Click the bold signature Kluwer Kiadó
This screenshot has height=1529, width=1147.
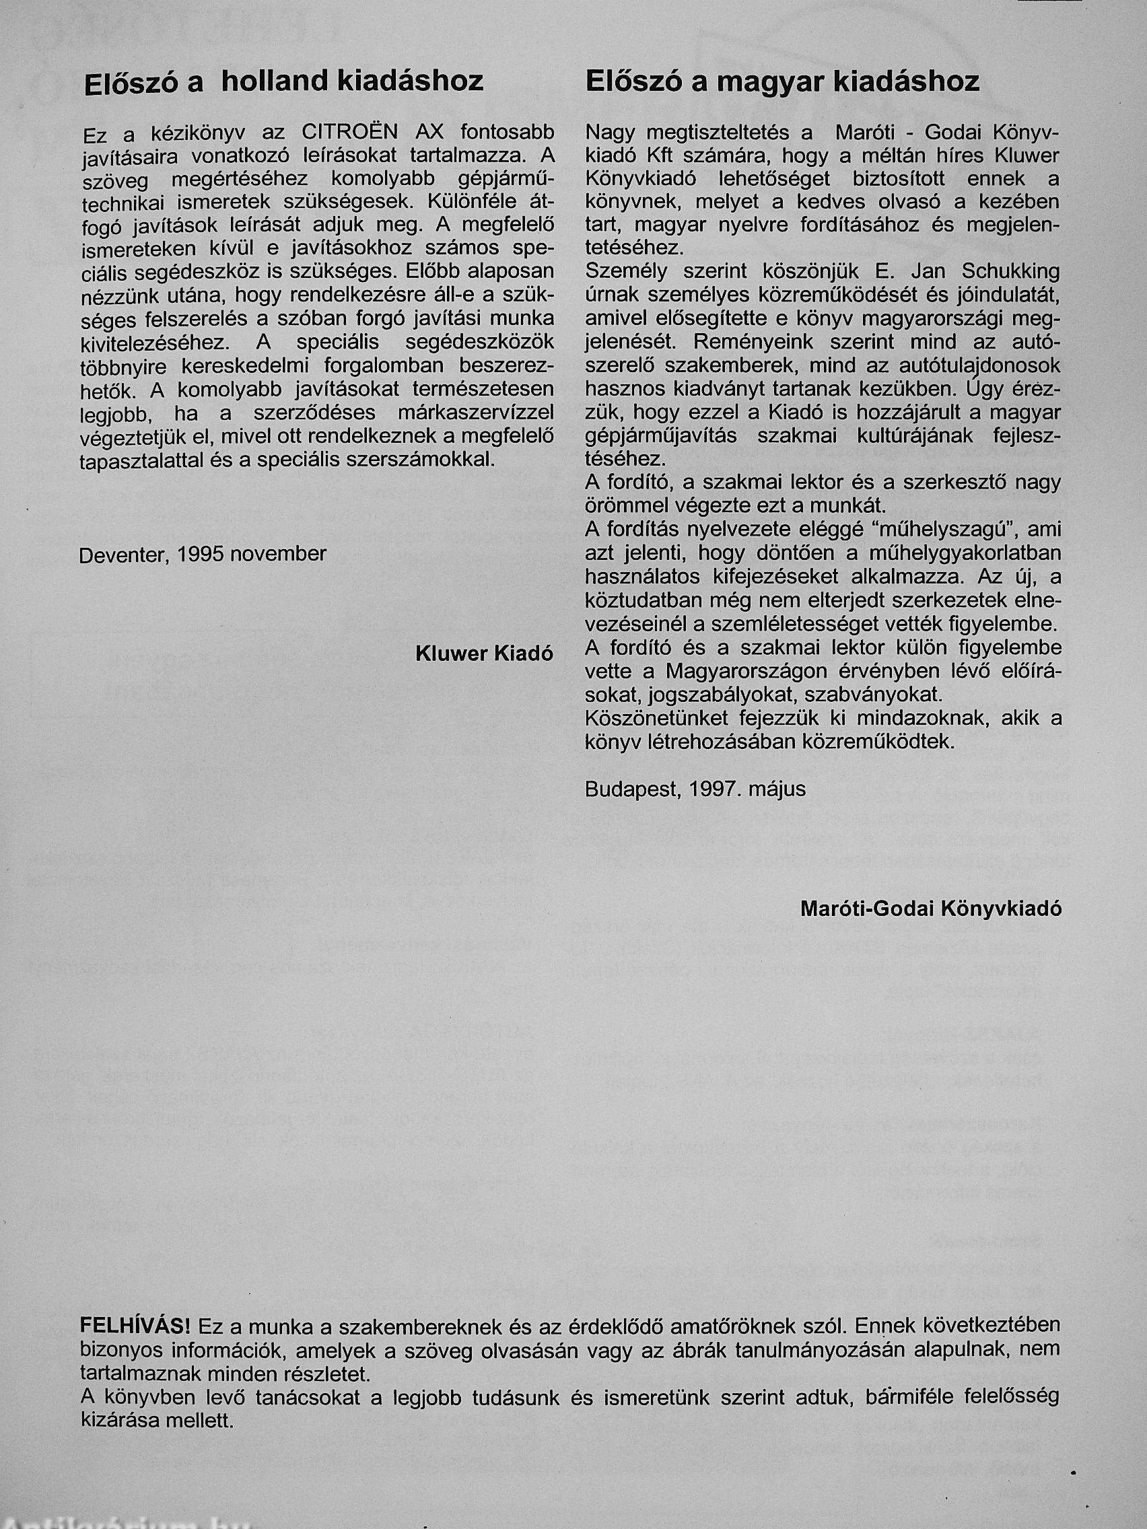click(x=484, y=653)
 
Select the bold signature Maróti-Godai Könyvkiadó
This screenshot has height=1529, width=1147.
click(x=931, y=909)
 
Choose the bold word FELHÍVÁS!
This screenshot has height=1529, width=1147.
click(x=135, y=1325)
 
